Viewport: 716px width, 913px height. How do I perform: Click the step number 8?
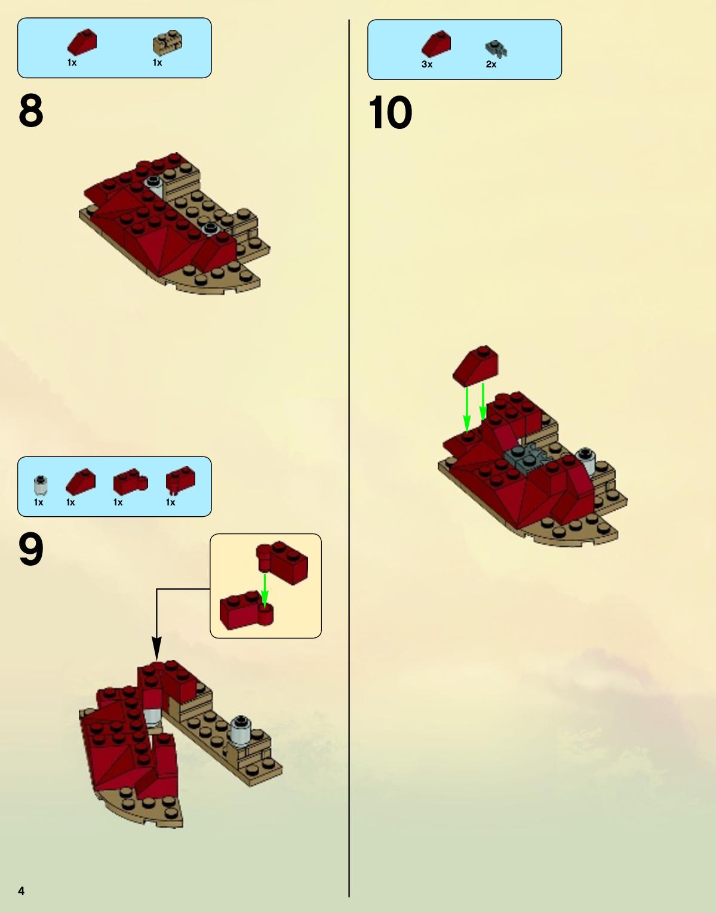tap(31, 110)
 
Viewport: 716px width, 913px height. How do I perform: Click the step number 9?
tap(31, 549)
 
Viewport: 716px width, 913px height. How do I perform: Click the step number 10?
tap(390, 112)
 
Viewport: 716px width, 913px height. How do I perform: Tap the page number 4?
tap(21, 891)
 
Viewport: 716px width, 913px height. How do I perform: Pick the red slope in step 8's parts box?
tap(82, 42)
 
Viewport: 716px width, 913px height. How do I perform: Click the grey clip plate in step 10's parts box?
tap(496, 49)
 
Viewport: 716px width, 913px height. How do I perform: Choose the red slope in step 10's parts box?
tap(436, 44)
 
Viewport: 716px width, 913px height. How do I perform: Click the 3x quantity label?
tap(427, 64)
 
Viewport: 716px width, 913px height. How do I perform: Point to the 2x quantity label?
tap(491, 64)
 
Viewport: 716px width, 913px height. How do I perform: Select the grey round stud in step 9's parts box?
tap(41, 485)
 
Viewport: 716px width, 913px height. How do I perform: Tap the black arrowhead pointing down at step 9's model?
tap(156, 648)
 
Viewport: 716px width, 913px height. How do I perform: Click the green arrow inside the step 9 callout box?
tap(265, 591)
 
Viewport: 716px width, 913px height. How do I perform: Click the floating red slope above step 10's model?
tap(475, 366)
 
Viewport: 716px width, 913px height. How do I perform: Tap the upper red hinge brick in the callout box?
tap(282, 562)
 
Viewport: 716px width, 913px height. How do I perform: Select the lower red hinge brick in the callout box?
tap(247, 610)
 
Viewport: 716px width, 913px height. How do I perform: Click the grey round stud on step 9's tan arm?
tap(241, 730)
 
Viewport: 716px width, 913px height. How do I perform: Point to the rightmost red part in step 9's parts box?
tap(180, 480)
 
